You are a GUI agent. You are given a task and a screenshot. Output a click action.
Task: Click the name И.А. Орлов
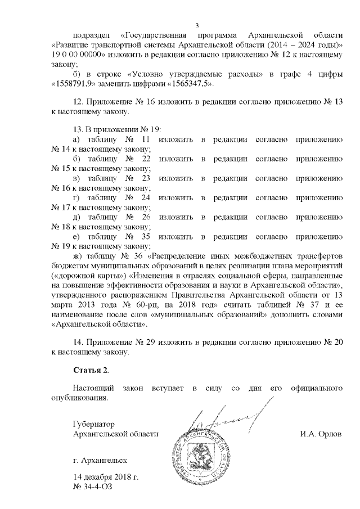tap(322, 434)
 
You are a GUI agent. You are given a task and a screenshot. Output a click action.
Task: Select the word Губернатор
tap(93, 424)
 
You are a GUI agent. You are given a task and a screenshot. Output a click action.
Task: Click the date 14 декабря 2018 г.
tap(106, 478)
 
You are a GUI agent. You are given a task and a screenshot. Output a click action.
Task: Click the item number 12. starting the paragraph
tap(78, 103)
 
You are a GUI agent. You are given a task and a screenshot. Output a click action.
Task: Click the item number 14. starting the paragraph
tap(78, 343)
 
